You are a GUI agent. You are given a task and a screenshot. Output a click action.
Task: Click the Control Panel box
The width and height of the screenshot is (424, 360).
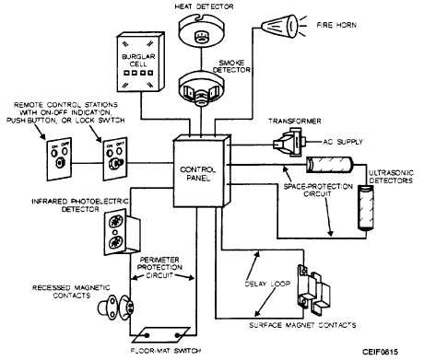pos(202,172)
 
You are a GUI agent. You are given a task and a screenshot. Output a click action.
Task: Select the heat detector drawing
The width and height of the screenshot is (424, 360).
pos(202,30)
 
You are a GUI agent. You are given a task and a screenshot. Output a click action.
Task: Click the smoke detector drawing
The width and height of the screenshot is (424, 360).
pos(202,90)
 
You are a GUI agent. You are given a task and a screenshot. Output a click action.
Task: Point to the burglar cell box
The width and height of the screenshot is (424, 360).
pos(140,62)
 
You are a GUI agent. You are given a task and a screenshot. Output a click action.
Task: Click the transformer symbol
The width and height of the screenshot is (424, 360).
pos(289,142)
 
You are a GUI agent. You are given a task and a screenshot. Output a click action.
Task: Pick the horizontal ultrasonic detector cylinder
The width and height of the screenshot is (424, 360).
pos(330,165)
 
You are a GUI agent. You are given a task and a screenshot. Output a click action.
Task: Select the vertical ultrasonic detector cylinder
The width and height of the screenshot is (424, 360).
pos(366,207)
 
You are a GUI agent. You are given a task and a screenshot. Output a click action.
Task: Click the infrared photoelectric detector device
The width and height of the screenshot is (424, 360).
pos(122,232)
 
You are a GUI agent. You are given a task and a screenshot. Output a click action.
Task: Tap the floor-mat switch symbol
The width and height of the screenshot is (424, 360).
pos(160,335)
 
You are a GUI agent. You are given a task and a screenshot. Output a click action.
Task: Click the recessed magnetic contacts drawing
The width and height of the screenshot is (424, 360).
pos(116,308)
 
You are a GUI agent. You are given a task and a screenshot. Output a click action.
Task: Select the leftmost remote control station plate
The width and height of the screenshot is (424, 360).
pos(59,159)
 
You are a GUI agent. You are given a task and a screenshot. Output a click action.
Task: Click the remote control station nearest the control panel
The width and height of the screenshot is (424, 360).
pos(115,159)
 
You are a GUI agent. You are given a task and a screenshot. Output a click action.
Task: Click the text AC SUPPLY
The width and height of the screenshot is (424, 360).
pos(343,142)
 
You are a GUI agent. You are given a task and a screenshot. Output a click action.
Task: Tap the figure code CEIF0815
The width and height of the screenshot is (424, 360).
pos(380,352)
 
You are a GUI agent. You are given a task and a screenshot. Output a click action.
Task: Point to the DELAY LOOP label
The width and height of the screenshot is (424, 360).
pos(267,284)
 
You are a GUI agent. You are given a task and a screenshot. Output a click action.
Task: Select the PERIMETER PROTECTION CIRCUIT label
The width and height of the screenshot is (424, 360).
pos(159,267)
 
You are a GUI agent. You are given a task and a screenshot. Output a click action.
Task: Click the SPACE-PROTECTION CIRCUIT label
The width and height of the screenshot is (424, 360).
pos(318,191)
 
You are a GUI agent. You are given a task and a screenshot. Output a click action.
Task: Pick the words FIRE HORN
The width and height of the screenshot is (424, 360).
pos(336,25)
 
